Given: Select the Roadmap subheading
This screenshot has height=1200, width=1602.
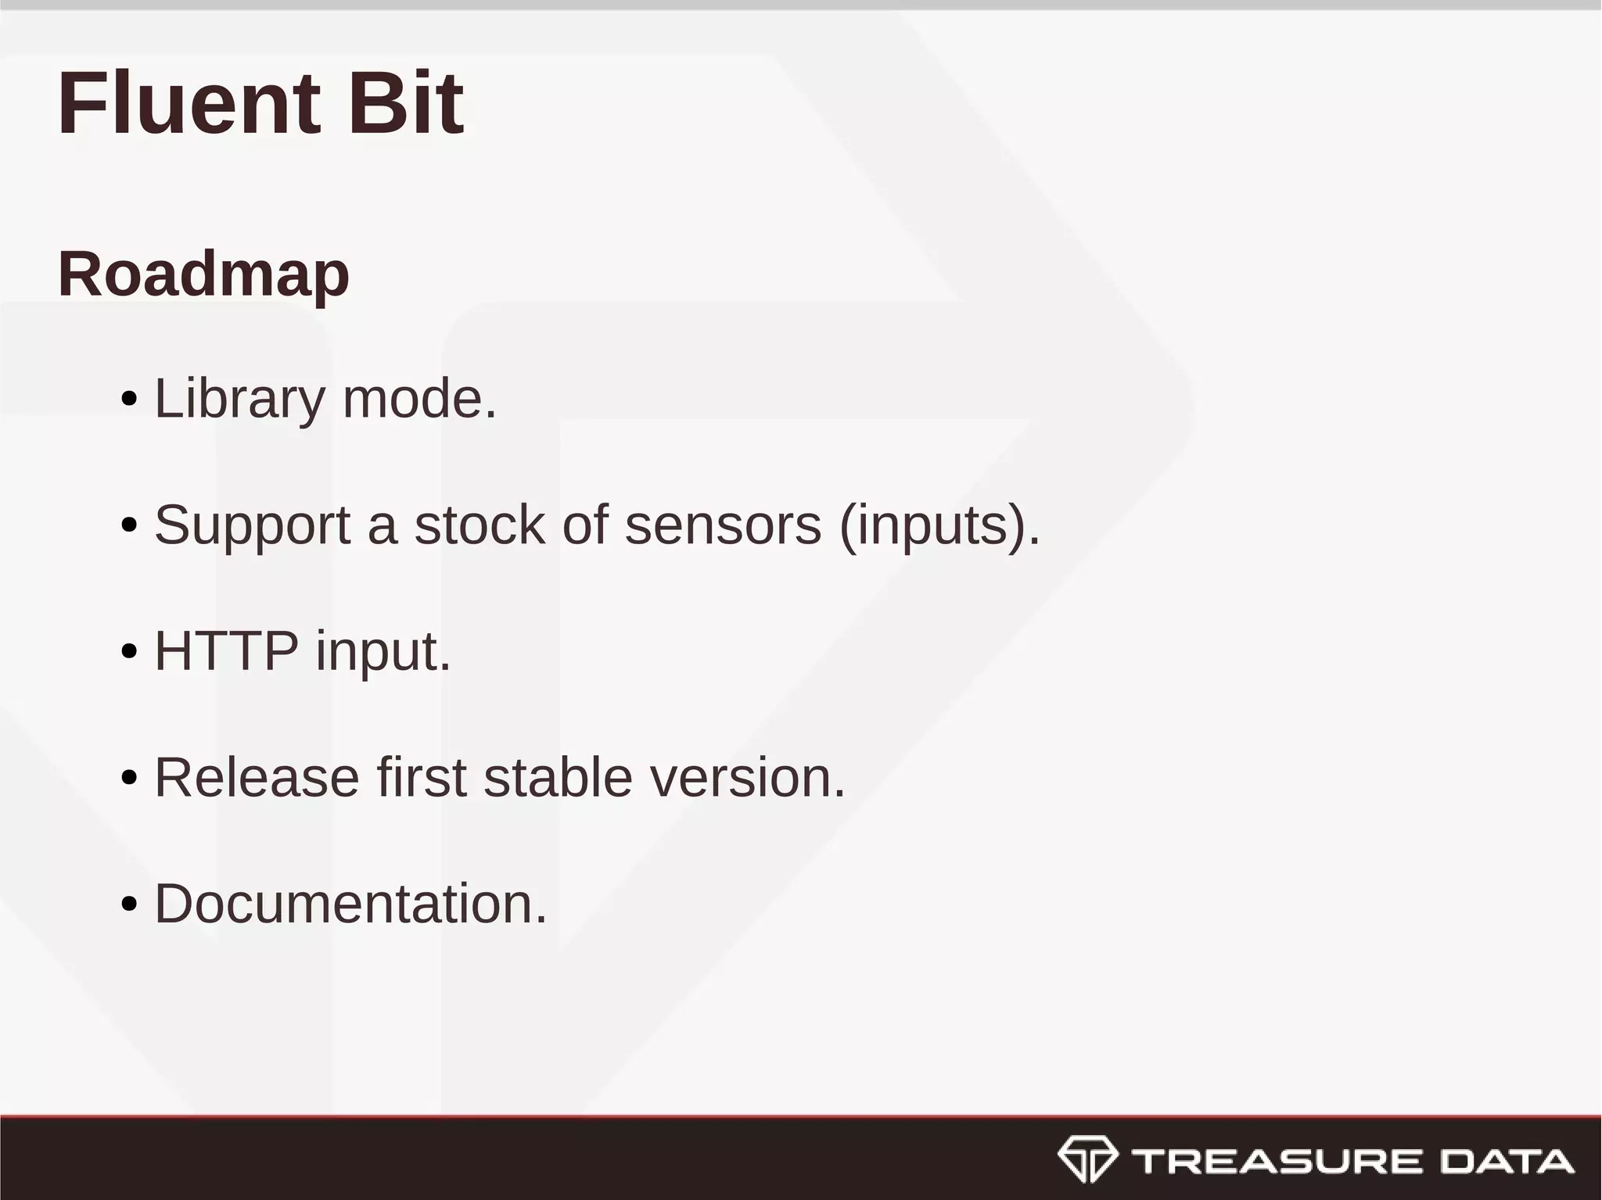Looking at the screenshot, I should pos(203,274).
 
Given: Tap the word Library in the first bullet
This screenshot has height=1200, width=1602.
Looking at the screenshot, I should pos(239,399).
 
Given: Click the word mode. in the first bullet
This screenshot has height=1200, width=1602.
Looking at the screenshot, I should pos(419,399).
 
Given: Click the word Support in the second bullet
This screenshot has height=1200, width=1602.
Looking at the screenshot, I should pos(252,525).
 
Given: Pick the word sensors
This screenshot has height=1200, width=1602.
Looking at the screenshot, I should pos(723,525).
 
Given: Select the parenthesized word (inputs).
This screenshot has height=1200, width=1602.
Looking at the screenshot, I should pos(939,525).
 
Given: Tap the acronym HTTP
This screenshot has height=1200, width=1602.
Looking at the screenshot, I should pos(226,650).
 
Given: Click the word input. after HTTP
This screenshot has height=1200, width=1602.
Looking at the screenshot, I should pos(383,652).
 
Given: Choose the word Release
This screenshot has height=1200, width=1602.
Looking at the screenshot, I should pos(257,778).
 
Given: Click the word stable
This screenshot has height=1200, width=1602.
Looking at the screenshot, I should pos(558,778).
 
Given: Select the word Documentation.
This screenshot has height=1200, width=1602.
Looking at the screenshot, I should pos(350,904).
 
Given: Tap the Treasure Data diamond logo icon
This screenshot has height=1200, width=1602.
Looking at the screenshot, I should pos(1087,1159).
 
